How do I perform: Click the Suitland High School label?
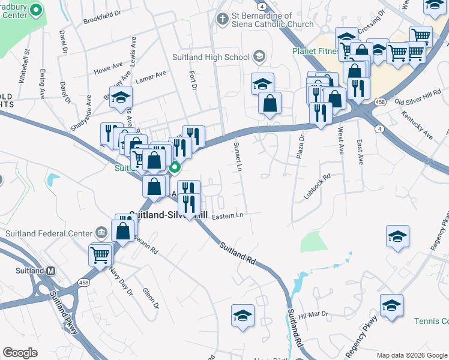218,57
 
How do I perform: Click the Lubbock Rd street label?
318,187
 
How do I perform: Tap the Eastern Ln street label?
228,215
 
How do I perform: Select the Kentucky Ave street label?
417,124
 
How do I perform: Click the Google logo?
20,353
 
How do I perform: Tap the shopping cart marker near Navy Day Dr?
100,254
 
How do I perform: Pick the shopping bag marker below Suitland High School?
270,103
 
